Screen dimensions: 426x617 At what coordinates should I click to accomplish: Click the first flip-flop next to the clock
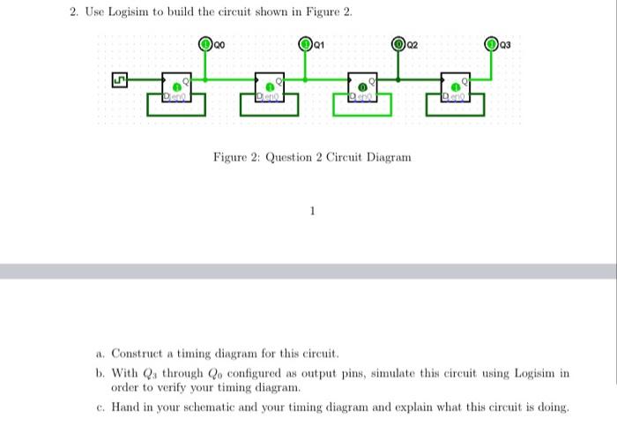click(177, 87)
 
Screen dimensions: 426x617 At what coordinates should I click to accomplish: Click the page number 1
click(311, 211)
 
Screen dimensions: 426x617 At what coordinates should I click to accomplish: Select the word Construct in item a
click(138, 354)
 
